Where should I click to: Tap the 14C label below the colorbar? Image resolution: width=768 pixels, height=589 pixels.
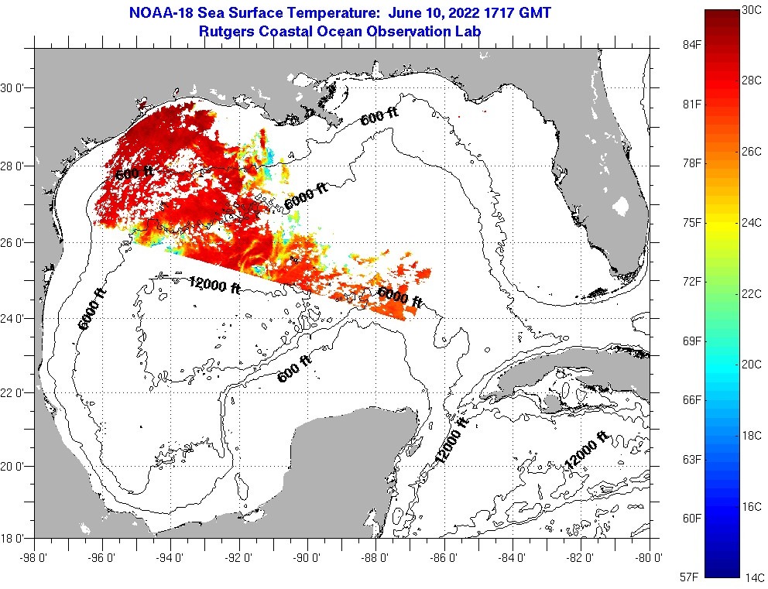click(x=755, y=577)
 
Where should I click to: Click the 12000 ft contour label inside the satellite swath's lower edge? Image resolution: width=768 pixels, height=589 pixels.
click(x=218, y=285)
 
